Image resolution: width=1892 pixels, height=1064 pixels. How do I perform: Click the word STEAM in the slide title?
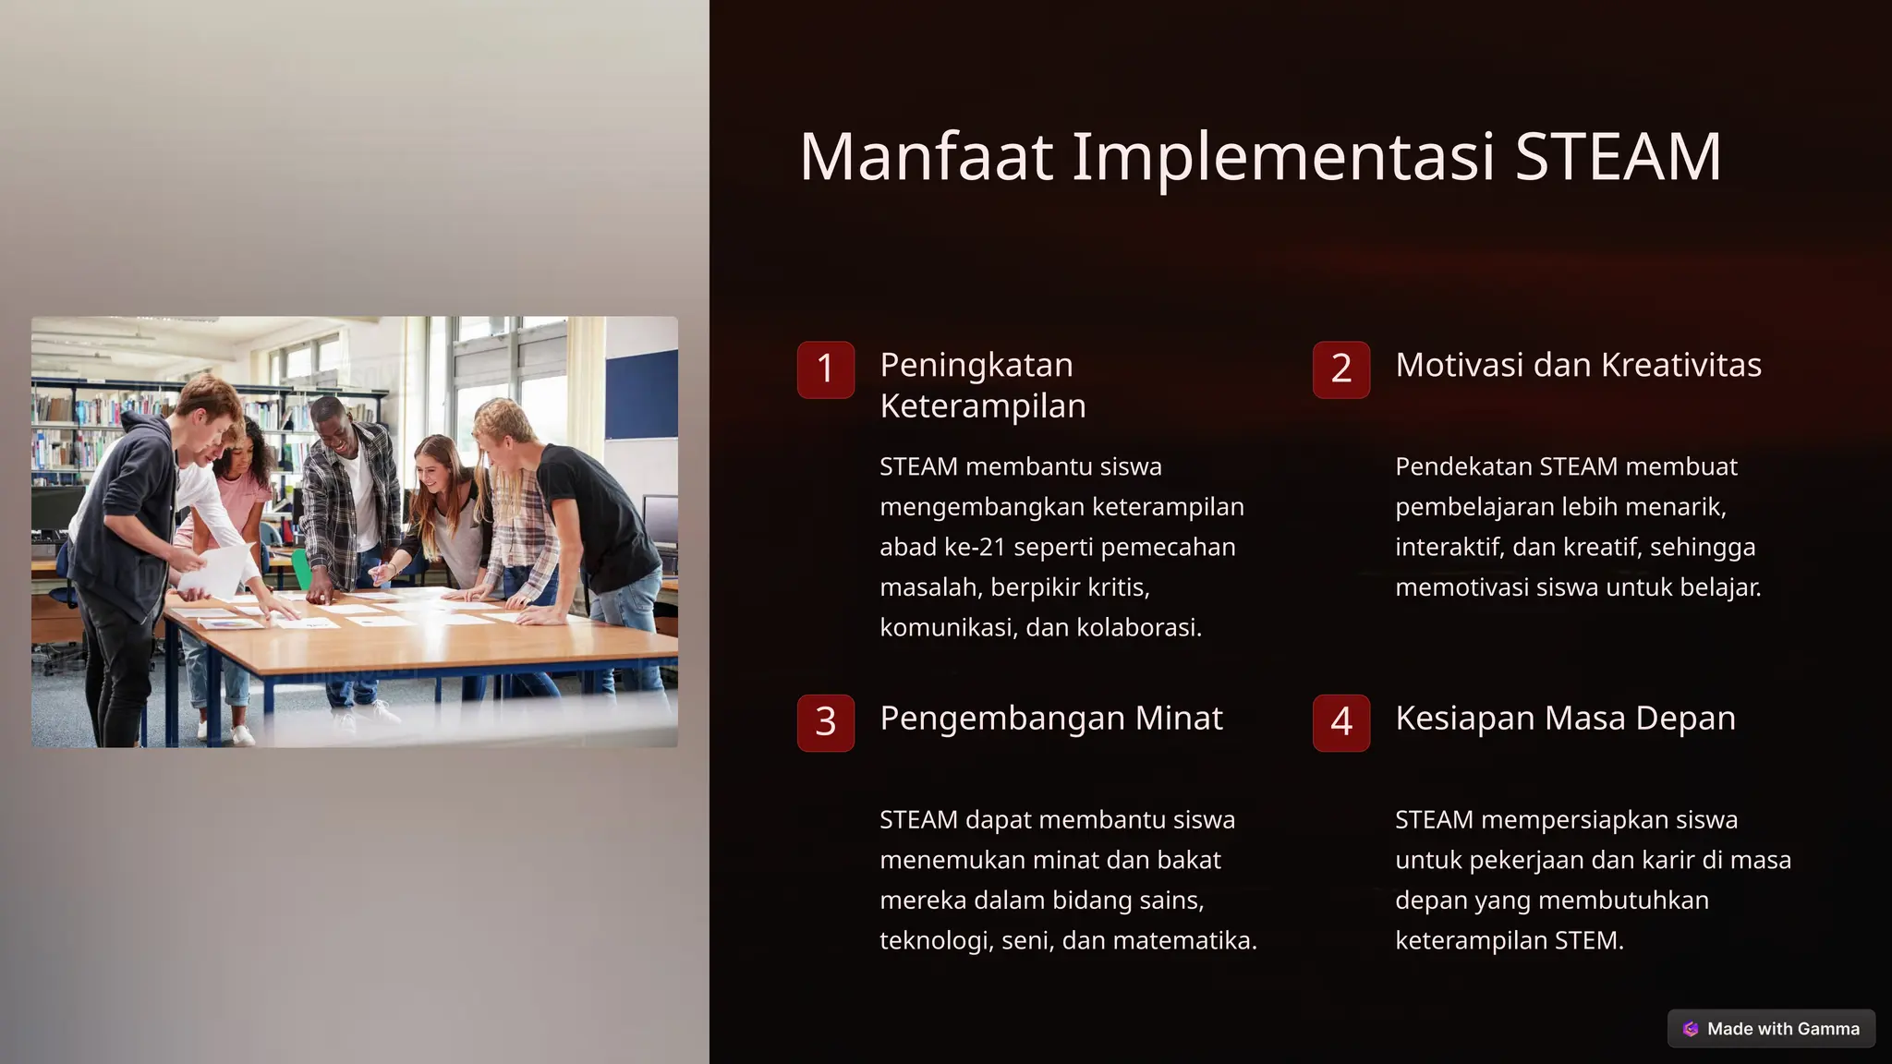(x=1618, y=157)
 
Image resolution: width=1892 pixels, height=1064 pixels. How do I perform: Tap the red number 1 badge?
(x=826, y=369)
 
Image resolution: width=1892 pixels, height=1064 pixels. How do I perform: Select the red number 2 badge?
(x=1341, y=369)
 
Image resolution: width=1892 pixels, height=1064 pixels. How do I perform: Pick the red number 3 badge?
(x=826, y=722)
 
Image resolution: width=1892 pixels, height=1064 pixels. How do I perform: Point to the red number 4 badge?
(x=1341, y=722)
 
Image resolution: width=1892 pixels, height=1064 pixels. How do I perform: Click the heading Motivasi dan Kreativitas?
(x=1578, y=365)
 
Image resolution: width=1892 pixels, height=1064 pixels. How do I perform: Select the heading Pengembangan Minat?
(x=1050, y=718)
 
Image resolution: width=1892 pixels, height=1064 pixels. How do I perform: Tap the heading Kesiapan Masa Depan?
(x=1565, y=718)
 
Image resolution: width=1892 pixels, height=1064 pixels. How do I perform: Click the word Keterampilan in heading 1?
(x=982, y=405)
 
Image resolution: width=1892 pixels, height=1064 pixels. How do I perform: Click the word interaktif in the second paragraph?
(x=1450, y=547)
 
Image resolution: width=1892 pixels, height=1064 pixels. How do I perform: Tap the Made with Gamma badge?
(x=1771, y=1029)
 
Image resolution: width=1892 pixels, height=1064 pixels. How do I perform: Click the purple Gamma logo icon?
(x=1691, y=1029)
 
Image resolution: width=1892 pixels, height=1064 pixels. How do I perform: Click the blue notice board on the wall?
(x=641, y=394)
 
